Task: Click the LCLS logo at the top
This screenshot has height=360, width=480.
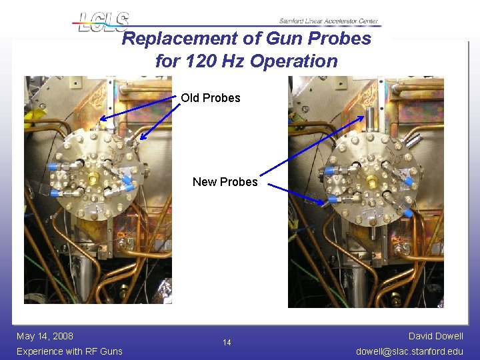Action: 100,22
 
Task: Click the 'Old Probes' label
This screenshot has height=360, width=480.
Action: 211,98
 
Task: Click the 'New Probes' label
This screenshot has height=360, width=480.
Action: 225,182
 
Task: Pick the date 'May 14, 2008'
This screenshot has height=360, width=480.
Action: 45,336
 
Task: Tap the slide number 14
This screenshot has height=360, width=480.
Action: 227,343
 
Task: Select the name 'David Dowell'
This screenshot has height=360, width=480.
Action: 436,336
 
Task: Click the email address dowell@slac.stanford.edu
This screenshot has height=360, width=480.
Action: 410,351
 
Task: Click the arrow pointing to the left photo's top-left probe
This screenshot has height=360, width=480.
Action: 140,109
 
